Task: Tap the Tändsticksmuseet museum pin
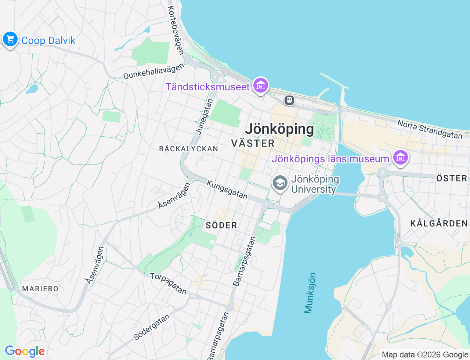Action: pos(260,86)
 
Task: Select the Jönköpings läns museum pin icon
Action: pos(400,158)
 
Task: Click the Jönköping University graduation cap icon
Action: pos(280,183)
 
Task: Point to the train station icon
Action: pos(289,100)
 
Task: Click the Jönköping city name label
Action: pos(279,129)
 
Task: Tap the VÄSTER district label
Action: pos(253,143)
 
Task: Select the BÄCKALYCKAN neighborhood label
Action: pos(189,149)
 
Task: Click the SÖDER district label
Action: pos(221,225)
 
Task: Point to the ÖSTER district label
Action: pos(452,179)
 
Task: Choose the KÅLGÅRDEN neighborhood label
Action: pos(439,223)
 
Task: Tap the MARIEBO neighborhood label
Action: pos(40,289)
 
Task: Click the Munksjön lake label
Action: pos(310,293)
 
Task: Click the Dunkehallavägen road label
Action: pos(153,71)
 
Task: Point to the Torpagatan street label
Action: pos(169,284)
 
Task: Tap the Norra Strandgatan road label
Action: pos(430,130)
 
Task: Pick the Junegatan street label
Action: pos(204,116)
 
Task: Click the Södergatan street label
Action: pos(152,327)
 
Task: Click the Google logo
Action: pos(25,352)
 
